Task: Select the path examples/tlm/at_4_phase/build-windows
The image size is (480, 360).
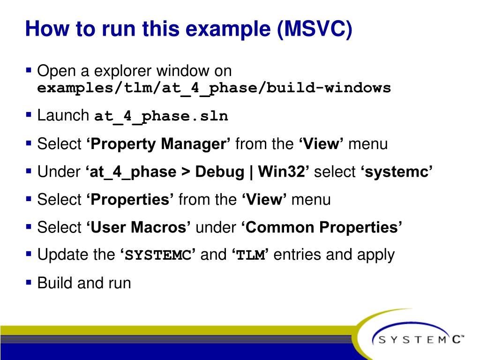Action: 214,88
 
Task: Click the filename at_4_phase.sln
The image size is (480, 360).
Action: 161,116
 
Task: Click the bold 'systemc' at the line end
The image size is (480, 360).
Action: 396,172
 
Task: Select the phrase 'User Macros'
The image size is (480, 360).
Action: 138,227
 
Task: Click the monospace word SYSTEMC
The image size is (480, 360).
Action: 157,255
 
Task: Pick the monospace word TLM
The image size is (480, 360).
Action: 250,255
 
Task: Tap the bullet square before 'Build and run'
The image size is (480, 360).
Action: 29,282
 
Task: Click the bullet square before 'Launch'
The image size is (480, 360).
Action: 29,114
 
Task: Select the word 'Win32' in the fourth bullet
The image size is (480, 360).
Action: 283,172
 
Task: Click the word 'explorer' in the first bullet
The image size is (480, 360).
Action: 123,72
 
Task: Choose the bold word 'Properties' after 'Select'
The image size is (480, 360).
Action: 130,200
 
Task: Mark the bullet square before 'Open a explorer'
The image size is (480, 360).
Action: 29,71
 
